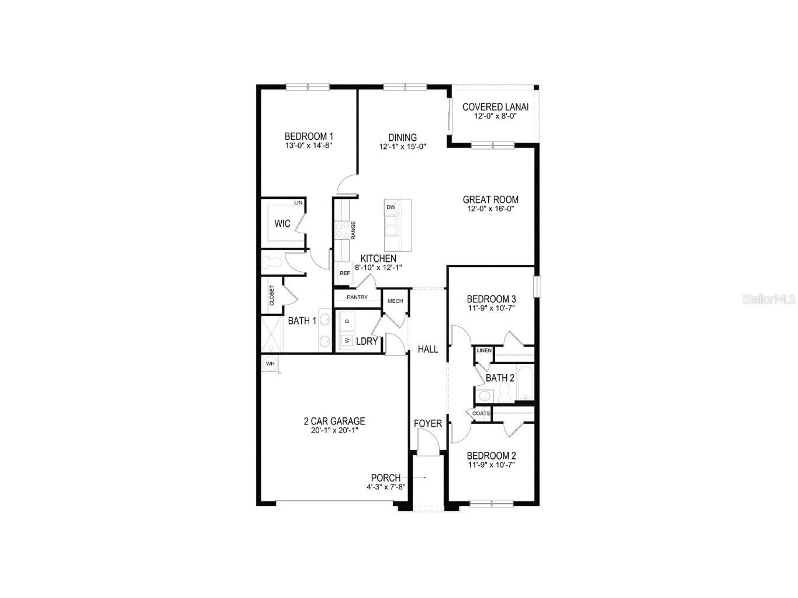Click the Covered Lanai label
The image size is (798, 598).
coord(495,107)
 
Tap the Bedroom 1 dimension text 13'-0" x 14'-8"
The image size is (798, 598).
coord(309,146)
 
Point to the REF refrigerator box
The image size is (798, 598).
coord(344,273)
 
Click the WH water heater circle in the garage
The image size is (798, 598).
coord(270,364)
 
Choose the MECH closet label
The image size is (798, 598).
coord(395,301)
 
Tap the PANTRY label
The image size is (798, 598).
coord(357,298)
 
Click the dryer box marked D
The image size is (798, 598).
coord(347,322)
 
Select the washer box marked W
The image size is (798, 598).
coord(347,340)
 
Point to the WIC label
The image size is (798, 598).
coord(282,224)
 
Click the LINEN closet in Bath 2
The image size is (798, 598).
coord(484,351)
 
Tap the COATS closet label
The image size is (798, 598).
coord(481,414)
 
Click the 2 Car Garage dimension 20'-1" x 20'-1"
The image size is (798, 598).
coord(334,431)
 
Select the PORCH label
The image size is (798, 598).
coord(386,478)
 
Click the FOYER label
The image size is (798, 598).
coord(428,423)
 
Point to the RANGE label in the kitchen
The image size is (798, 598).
coord(354,230)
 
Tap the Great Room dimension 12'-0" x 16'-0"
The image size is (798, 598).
coord(490,209)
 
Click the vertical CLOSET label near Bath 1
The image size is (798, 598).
coord(272,296)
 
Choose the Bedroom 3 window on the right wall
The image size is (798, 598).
coord(537,286)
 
